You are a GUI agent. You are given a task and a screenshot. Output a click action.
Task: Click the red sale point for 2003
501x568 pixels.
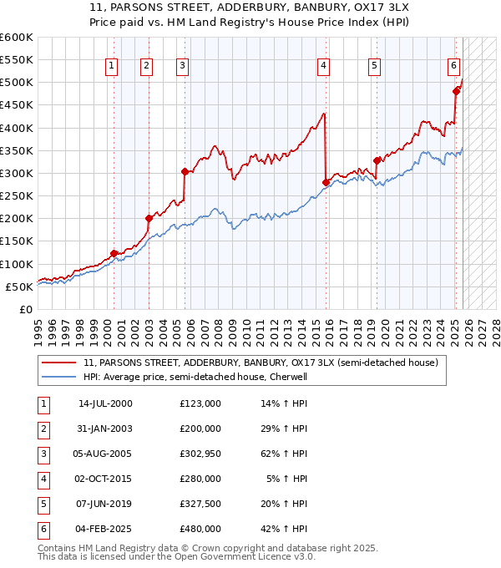149,218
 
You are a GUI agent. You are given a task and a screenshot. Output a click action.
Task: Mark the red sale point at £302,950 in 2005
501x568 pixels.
184,172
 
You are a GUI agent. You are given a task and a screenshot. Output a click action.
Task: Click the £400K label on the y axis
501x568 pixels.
18,128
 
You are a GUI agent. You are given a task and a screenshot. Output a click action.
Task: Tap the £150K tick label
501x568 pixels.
18,241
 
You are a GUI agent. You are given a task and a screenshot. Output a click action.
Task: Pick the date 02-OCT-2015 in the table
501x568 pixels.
105,479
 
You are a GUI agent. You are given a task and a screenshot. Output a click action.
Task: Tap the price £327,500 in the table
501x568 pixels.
200,504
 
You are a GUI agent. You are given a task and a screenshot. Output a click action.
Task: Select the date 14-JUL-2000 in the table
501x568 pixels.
105,404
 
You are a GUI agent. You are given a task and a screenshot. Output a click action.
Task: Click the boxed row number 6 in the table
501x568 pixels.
43,529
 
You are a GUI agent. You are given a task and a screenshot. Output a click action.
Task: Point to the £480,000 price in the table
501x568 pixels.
200,529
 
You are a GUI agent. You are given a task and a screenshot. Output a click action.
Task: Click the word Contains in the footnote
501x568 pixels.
56,548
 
